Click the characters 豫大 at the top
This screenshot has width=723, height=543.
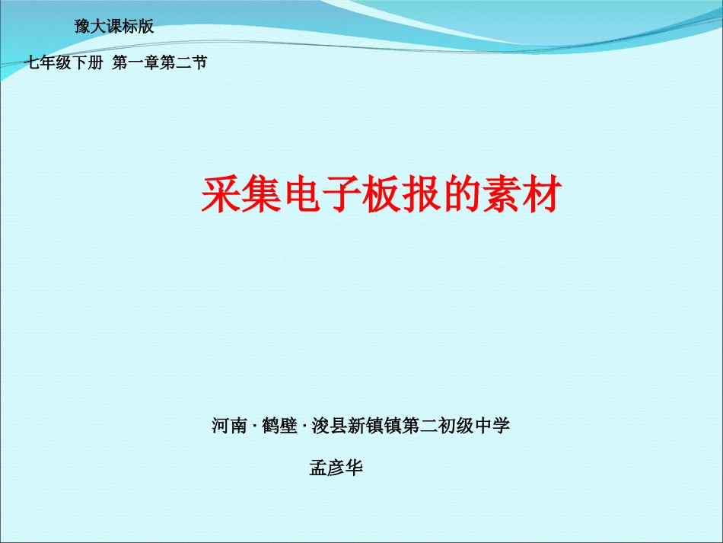[90, 27]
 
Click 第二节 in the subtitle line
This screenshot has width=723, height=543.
[183, 63]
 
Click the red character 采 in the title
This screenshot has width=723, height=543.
[220, 194]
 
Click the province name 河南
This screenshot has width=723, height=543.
[228, 426]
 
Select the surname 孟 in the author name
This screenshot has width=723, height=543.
[318, 468]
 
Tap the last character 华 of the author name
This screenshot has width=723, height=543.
[355, 468]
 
